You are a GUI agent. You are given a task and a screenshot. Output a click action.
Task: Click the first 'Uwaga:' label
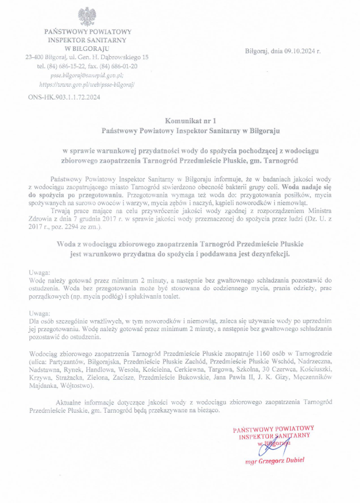pos(39,271)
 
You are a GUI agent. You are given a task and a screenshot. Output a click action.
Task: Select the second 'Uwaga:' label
pos(39,313)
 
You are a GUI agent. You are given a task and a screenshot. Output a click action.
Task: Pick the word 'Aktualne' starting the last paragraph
pos(69,402)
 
